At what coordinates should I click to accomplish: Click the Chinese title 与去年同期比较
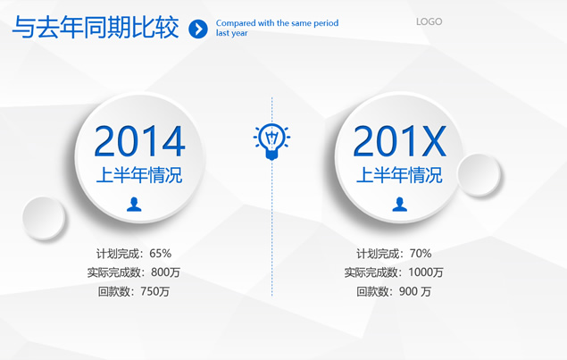96,28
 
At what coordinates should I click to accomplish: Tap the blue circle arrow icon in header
198,29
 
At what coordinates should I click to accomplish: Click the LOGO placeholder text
429,21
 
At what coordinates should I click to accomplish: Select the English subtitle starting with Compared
277,28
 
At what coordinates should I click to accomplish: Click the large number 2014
139,141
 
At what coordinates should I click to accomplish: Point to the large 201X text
399,141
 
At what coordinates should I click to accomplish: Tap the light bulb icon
271,141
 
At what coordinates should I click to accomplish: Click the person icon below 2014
134,204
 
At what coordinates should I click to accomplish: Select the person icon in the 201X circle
399,204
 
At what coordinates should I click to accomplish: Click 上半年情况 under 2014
139,175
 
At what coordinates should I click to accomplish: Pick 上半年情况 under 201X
399,175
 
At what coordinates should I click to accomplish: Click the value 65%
160,254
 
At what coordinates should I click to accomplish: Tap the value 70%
421,254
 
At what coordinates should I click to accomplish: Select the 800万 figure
165,272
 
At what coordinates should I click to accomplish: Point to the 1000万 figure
426,272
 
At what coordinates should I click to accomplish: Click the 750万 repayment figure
154,291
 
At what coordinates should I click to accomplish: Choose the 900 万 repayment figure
415,291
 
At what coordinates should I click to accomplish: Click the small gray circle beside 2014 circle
44,218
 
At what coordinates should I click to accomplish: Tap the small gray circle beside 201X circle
479,175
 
